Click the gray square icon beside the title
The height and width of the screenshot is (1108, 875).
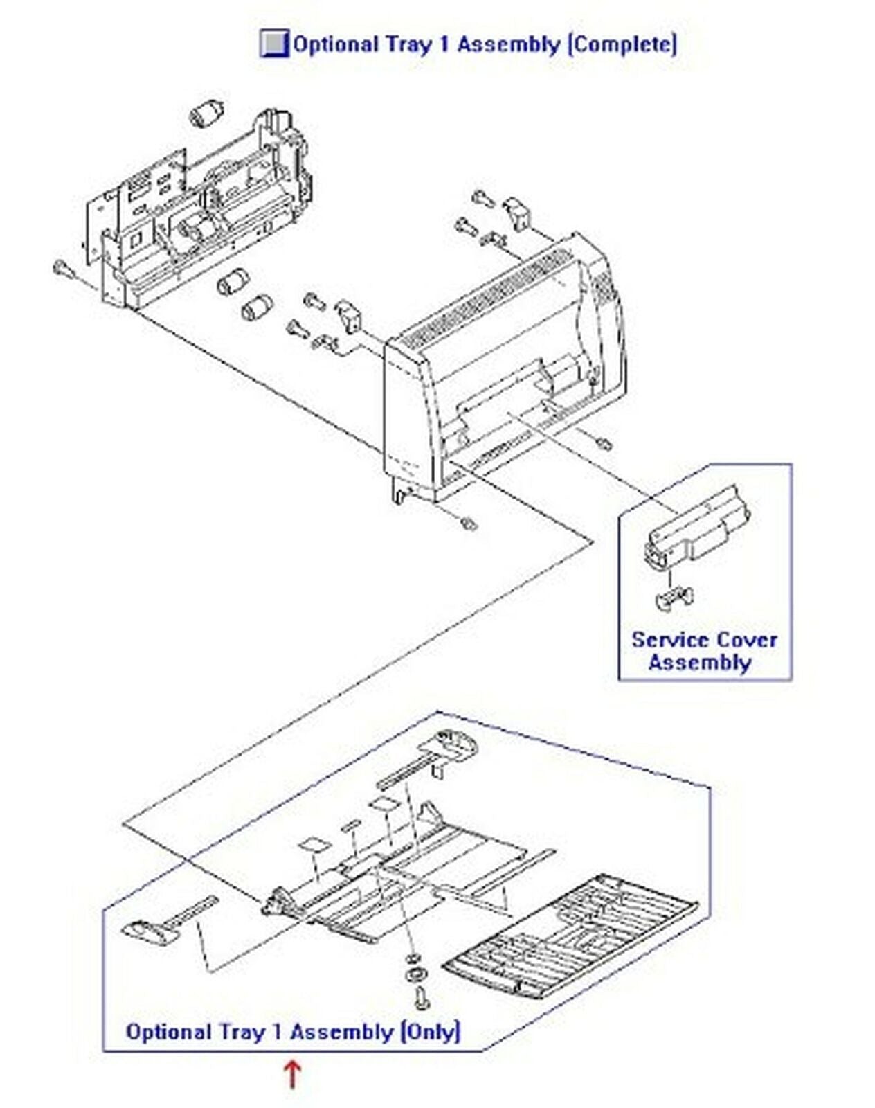(x=274, y=44)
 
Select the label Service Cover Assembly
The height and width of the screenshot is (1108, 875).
(x=703, y=651)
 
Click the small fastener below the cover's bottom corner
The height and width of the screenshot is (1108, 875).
(x=469, y=524)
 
